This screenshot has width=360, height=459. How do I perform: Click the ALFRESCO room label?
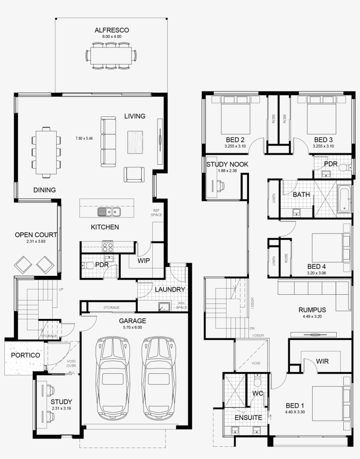(x=112, y=30)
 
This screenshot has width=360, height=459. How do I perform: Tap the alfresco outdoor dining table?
(x=112, y=55)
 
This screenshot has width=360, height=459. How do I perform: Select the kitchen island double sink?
(x=109, y=212)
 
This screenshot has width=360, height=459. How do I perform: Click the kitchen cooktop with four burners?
(x=108, y=246)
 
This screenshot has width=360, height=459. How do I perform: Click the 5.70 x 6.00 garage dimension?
(x=132, y=327)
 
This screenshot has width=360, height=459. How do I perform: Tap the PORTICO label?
(x=25, y=355)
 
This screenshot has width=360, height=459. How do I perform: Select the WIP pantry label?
(x=144, y=260)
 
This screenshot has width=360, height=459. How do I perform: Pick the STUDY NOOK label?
(x=227, y=164)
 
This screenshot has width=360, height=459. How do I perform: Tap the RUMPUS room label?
(x=312, y=309)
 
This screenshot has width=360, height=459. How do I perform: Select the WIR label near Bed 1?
(x=322, y=361)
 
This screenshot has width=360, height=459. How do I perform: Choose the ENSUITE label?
(x=248, y=417)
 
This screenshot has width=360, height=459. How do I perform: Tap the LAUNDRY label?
(x=169, y=289)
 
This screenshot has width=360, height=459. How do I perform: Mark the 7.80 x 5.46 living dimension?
(x=84, y=138)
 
